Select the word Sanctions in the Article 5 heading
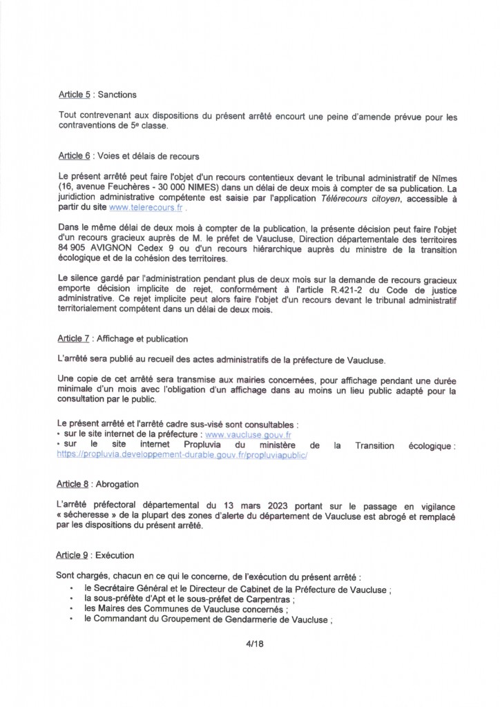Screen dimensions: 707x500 tap(117, 95)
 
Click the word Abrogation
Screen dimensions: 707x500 tap(117, 484)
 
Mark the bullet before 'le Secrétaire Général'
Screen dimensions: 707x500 tap(72, 587)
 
